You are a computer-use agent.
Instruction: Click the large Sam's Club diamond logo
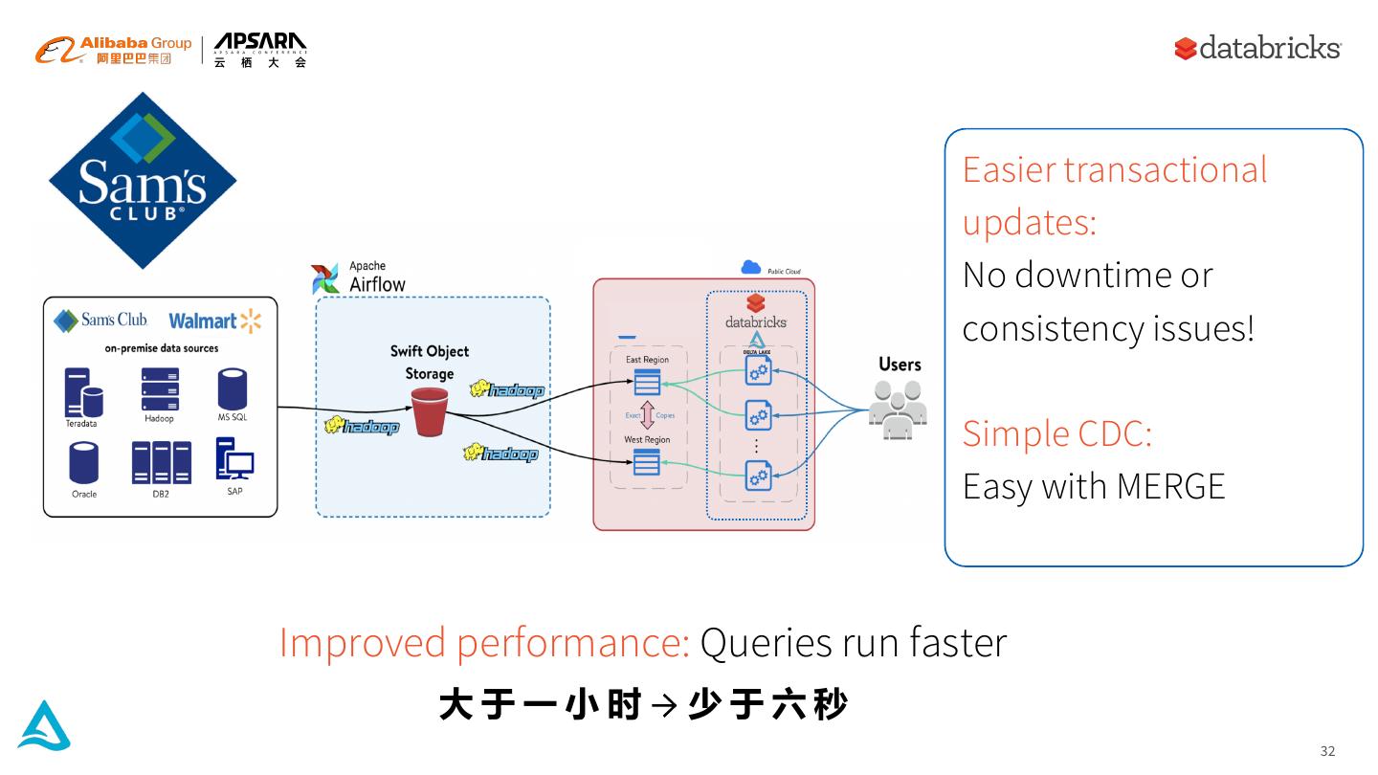tap(143, 180)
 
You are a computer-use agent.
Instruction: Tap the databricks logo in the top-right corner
tap(1257, 48)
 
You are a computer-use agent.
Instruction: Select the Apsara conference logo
tap(260, 49)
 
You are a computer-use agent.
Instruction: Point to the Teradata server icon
tap(82, 392)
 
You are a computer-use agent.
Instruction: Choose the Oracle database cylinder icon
tap(84, 463)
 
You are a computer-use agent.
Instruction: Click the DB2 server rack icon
tap(161, 463)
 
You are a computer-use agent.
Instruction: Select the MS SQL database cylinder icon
tap(233, 389)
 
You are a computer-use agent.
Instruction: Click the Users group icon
tap(899, 410)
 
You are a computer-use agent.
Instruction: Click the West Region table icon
tap(647, 462)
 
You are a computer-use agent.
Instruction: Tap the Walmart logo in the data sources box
tap(214, 321)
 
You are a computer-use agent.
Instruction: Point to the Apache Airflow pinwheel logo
tap(325, 278)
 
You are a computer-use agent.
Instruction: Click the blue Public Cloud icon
tap(751, 268)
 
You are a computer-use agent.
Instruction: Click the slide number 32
tap(1327, 751)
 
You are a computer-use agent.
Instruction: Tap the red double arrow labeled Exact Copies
tap(648, 415)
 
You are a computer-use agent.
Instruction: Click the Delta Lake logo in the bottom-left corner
tap(44, 725)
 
